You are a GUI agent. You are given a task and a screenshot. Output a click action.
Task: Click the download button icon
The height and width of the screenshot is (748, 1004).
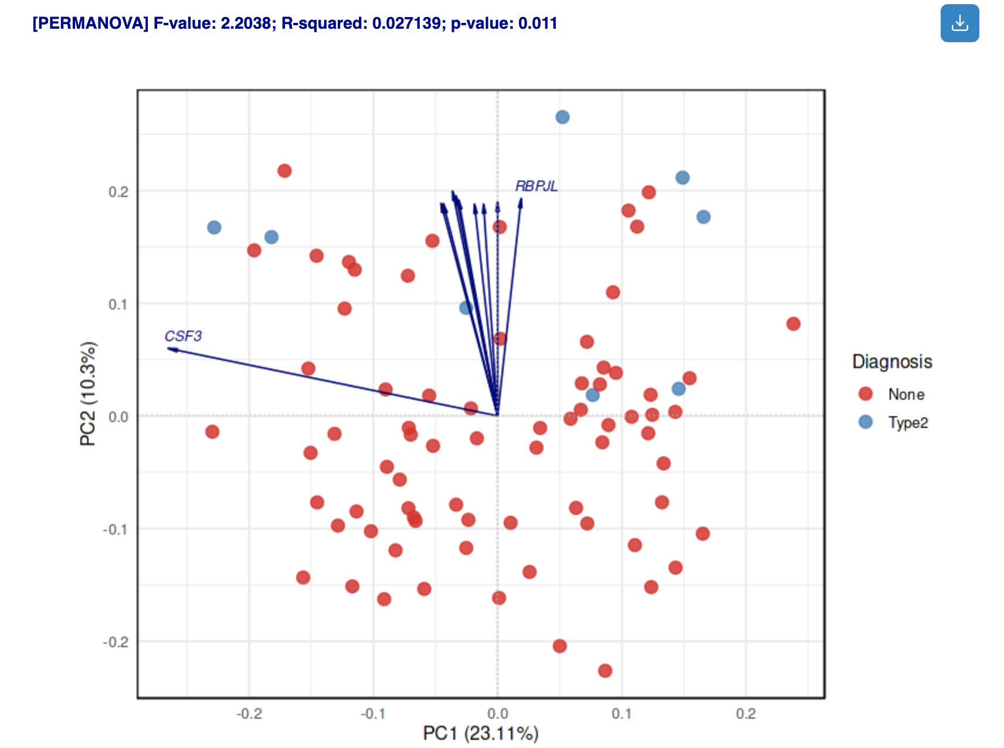click(x=959, y=23)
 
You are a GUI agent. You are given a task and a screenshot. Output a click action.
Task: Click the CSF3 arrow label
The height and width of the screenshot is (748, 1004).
click(x=183, y=336)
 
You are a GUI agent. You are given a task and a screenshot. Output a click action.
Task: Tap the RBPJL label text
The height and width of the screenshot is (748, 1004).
click(x=536, y=186)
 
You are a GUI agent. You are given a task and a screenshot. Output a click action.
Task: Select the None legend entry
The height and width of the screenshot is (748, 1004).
click(x=906, y=395)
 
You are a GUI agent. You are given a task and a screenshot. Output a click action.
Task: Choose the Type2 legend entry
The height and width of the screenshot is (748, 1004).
click(x=908, y=423)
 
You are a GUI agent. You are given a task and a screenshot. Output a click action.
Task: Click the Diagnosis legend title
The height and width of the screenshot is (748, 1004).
click(x=891, y=361)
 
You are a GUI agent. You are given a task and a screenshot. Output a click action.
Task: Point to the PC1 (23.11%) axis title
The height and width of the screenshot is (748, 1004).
click(x=480, y=733)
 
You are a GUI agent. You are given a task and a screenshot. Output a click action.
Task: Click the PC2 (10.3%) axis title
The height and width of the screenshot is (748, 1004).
click(x=88, y=393)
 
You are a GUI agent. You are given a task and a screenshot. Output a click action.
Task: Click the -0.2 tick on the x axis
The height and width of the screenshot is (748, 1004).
click(x=249, y=714)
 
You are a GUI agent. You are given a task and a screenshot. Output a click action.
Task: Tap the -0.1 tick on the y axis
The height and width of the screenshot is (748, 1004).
click(x=116, y=529)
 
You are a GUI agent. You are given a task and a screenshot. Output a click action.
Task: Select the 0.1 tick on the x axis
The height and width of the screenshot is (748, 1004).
click(x=622, y=714)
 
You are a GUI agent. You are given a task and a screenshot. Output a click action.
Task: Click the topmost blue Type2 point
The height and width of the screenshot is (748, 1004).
click(x=562, y=117)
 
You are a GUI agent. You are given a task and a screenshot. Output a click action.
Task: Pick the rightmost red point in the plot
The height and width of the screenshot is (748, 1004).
click(x=793, y=324)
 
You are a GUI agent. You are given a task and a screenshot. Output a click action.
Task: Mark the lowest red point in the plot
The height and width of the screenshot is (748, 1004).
click(x=605, y=671)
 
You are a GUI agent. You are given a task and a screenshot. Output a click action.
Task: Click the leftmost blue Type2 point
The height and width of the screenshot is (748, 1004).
click(x=214, y=227)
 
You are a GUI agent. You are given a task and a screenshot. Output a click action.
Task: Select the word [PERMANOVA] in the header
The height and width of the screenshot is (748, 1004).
click(x=90, y=23)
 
